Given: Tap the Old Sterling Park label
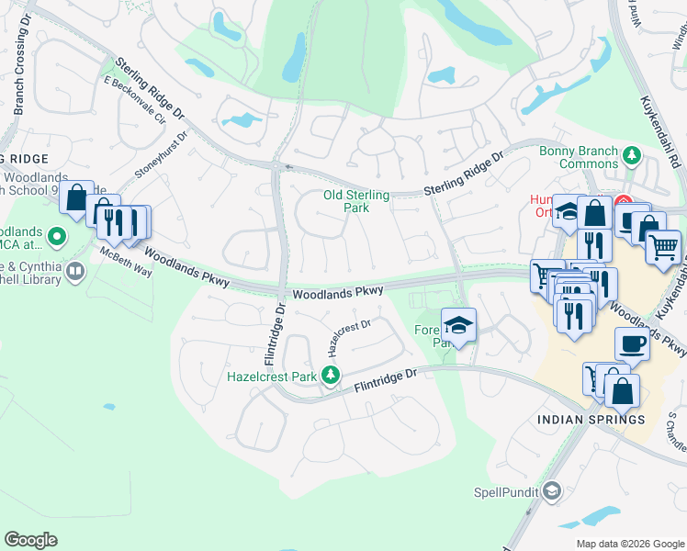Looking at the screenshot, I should point(356,201).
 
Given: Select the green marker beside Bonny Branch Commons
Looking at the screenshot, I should point(631,155).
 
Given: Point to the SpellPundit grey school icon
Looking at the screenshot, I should point(551,490).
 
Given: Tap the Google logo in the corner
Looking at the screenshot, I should point(31,540).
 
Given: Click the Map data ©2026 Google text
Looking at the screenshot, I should point(628,544).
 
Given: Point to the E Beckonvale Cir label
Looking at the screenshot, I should point(134,100).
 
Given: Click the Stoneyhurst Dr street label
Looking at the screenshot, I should point(161,153).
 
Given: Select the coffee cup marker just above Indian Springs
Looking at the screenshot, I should point(632,343).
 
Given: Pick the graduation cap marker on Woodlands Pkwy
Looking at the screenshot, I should point(458,324).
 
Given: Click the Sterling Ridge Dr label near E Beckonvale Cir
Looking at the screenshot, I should point(151,91).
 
